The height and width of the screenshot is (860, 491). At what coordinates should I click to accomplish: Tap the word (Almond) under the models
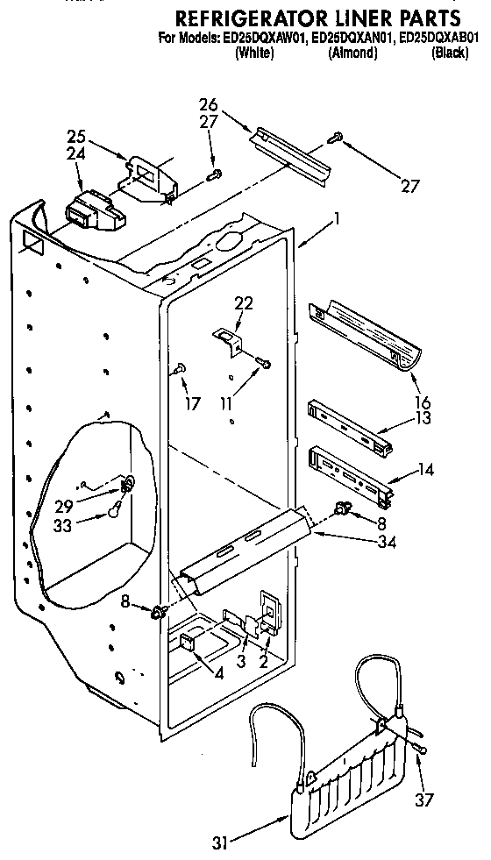pos(352,53)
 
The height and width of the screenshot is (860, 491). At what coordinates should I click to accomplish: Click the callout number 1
pos(336,222)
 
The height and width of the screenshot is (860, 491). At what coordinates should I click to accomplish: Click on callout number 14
pos(427,469)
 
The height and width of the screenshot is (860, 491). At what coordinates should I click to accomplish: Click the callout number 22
pos(243,302)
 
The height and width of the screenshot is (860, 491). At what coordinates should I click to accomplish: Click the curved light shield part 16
pos(364,337)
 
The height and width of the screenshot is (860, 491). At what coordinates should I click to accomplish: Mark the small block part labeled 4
pos(189,643)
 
